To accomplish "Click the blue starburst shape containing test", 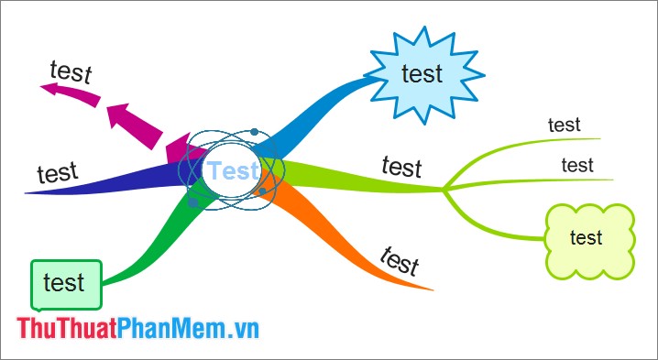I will (421, 74).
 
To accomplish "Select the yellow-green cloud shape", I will (587, 240).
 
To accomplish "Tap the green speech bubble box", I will (64, 282).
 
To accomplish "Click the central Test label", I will (233, 170).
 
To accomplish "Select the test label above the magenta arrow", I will (71, 71).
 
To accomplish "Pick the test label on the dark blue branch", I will (57, 172).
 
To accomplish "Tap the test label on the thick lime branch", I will (401, 167).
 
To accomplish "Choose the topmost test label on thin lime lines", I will (565, 124).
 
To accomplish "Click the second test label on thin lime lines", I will (577, 165).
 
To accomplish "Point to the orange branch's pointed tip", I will (431, 289).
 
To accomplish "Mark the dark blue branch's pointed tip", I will (27, 192).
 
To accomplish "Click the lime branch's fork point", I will (444, 190).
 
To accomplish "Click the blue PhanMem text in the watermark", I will (170, 328).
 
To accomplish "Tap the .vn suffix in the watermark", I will (241, 328).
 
